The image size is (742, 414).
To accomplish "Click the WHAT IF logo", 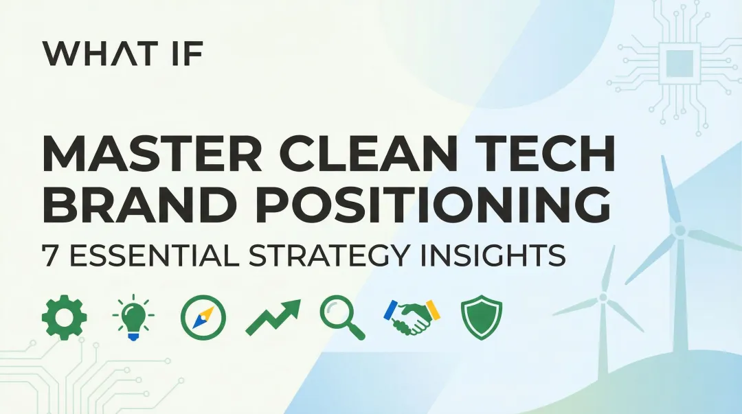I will [122, 54].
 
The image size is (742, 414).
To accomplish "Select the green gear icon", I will [64, 318].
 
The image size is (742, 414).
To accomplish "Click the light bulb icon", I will [133, 318].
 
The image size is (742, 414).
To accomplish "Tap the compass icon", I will [203, 319].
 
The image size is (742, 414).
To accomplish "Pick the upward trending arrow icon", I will [273, 318].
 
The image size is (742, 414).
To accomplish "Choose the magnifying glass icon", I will [342, 319].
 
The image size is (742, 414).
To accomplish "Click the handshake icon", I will [412, 318].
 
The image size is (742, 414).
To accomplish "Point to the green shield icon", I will [481, 319].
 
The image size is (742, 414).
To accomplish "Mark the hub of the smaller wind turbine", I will [603, 297].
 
